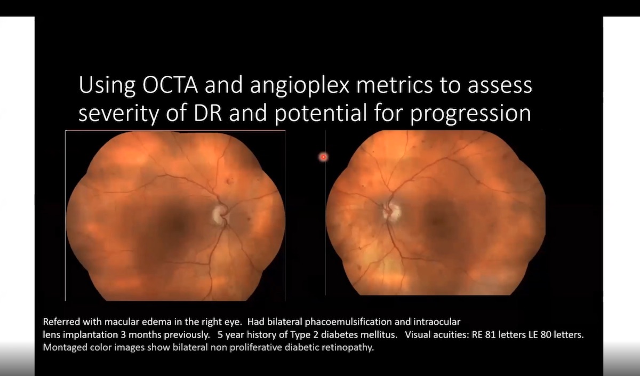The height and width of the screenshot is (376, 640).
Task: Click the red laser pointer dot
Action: click(x=323, y=157)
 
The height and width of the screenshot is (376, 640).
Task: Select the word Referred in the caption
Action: click(x=60, y=323)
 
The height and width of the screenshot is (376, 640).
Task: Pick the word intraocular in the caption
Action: click(x=439, y=323)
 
